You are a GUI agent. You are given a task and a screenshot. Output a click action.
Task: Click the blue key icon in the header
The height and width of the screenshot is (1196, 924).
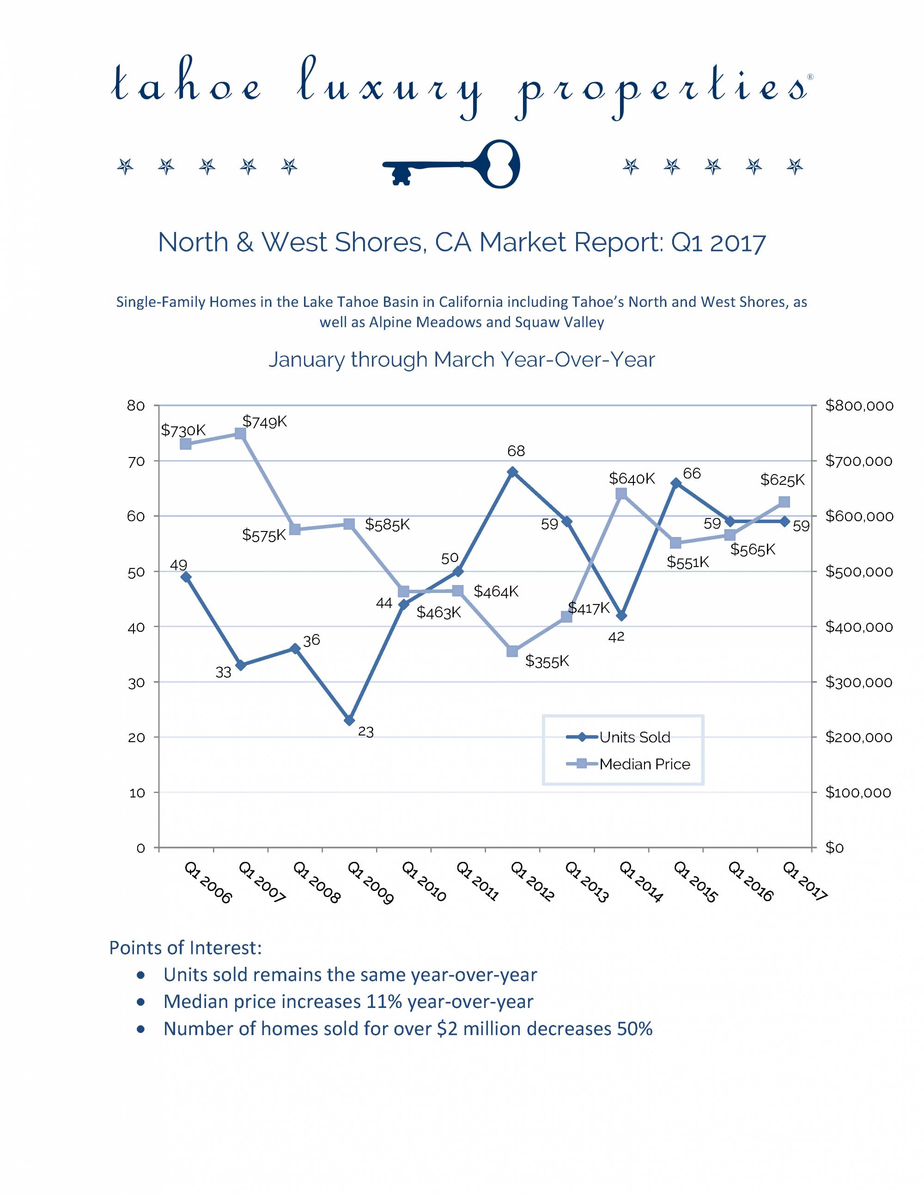coord(451,164)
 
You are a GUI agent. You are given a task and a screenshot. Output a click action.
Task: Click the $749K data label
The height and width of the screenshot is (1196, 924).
coord(264,421)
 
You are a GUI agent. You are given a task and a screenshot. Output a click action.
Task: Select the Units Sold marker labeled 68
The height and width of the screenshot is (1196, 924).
coord(512,472)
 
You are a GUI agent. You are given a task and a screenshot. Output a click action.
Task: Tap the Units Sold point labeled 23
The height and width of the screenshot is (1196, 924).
coord(349,720)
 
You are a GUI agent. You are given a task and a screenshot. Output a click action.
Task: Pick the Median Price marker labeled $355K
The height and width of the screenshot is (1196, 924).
coord(512,651)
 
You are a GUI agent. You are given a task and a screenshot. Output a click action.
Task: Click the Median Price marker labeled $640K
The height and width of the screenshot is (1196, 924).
coord(621,494)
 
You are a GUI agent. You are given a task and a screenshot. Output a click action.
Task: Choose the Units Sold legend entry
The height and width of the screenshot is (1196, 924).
coord(619,737)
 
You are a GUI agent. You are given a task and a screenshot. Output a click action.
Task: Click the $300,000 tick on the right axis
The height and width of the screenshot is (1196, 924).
coord(859,682)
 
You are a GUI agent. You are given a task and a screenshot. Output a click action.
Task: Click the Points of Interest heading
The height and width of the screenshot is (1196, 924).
coord(185,948)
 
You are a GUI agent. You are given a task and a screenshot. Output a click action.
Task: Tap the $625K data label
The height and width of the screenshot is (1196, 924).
coord(782,480)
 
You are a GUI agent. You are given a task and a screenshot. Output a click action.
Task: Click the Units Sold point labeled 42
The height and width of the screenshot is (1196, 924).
coord(621,616)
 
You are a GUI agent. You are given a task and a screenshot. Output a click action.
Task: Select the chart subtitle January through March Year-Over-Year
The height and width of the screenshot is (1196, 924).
coord(462,360)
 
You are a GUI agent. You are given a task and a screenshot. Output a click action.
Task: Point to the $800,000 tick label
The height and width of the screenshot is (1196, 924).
coord(859,406)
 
